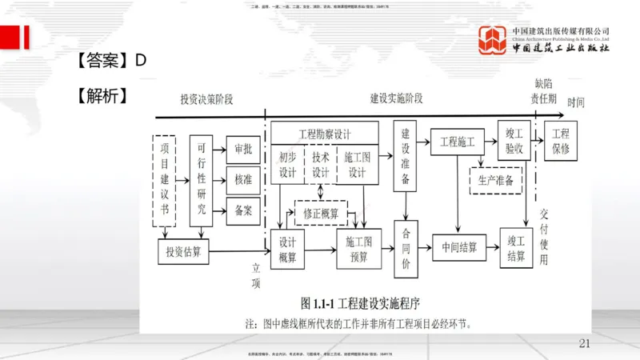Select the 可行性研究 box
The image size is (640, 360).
tap(201, 181)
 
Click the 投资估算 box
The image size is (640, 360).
tap(182, 252)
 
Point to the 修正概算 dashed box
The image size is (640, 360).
tap(320, 214)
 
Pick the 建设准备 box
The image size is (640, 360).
tap(406, 156)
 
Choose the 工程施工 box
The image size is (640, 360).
tap(458, 142)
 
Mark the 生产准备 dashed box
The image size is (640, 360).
tap(495, 180)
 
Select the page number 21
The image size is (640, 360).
tap(583, 343)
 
